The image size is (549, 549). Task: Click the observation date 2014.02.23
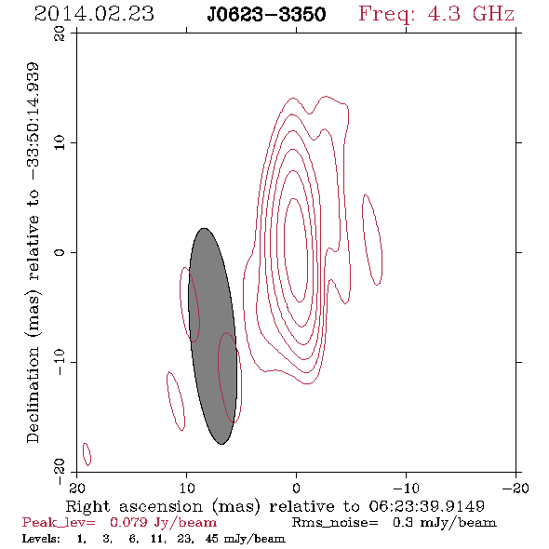point(94,14)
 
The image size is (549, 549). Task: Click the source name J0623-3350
point(266,15)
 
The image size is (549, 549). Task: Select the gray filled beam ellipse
point(212,336)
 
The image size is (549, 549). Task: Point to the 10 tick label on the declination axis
point(60,142)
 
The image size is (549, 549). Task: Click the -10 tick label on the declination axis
point(60,362)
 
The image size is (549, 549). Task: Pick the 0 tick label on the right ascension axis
point(296,488)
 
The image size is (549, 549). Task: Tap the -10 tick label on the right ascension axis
point(406,488)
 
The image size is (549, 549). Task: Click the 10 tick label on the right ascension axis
point(187,488)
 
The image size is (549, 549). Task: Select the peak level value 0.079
point(128,523)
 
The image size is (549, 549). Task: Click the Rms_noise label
point(335,523)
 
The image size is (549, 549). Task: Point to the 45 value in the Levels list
point(212,538)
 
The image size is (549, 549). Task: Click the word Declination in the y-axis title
point(33,395)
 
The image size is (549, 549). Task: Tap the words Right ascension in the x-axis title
point(134,506)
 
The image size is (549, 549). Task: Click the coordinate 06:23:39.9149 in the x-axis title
point(426,506)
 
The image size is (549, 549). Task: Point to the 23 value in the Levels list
point(184,538)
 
